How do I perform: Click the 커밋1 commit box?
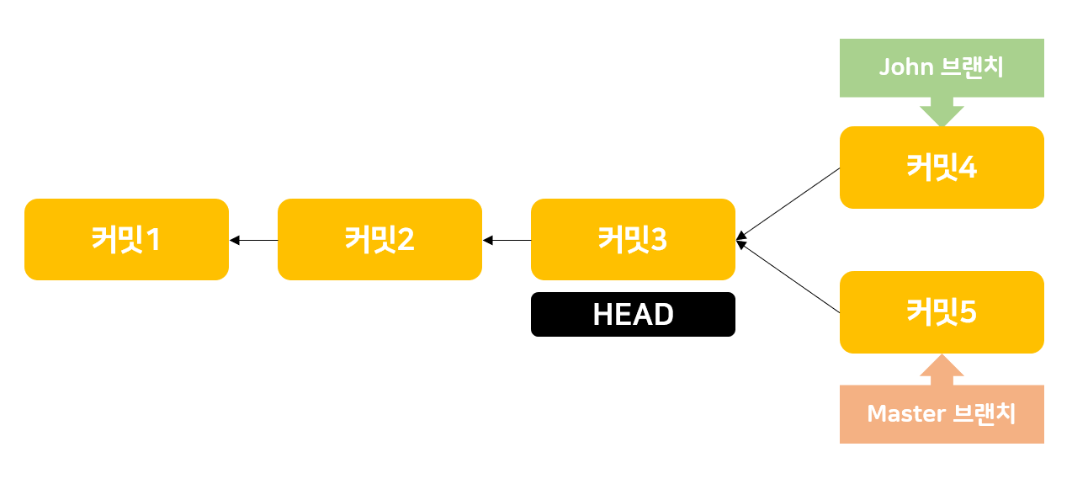click(126, 239)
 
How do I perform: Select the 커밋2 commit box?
click(379, 239)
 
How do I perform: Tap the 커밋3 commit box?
click(633, 239)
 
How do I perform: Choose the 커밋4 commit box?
click(942, 167)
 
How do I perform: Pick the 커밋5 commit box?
click(942, 311)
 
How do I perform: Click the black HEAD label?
click(633, 314)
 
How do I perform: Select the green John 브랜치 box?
click(942, 67)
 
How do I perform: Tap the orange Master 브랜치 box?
click(942, 414)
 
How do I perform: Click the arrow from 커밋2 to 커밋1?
click(254, 240)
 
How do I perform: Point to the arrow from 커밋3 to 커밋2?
click(507, 240)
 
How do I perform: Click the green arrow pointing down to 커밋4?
click(942, 111)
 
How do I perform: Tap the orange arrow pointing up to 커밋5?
click(942, 370)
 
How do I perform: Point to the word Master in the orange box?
click(906, 414)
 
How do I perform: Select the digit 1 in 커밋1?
click(152, 240)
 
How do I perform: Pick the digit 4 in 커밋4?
click(968, 168)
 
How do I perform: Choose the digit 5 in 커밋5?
click(968, 312)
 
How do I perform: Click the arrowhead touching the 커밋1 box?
click(234, 240)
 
